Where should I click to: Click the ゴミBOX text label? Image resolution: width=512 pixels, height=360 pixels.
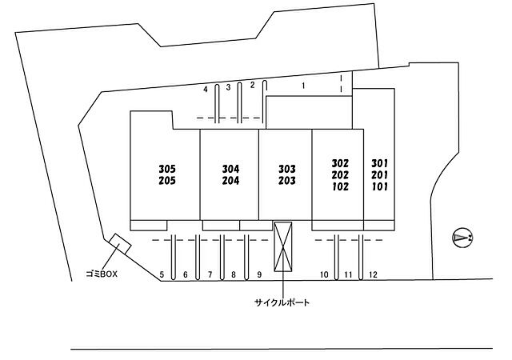pos(102,274)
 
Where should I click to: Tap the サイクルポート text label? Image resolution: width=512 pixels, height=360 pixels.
pos(282,303)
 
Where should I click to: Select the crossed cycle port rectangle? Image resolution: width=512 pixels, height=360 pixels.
pos(282,246)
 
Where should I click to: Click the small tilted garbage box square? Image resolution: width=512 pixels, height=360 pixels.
pos(120,244)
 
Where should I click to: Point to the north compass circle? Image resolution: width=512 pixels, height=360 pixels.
pos(462,238)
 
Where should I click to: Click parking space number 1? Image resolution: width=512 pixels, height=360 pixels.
pos(304,86)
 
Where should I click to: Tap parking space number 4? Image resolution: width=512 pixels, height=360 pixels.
pos(206,89)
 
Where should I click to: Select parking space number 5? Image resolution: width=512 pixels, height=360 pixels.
pos(162,274)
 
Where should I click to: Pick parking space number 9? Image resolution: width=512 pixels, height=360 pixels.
pos(259,274)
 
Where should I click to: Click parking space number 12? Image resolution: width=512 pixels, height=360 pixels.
pos(373,274)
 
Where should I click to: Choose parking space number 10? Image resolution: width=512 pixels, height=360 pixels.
pos(324,274)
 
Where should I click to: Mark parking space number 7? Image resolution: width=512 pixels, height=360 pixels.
pos(210,274)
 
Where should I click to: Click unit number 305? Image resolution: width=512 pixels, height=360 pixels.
pos(167,169)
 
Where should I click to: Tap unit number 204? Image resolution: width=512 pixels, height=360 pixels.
pos(231,180)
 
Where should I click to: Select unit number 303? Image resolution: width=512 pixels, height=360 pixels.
pos(287,169)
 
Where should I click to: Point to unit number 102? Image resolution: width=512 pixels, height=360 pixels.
pos(340,186)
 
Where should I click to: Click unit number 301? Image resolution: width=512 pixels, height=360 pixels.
pos(380,163)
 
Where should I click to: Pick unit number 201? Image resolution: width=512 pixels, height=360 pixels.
pos(380,174)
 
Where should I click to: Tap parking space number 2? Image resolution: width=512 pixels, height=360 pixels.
pos(252,85)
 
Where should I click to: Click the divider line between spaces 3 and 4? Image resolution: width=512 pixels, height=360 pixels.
pos(217,103)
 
